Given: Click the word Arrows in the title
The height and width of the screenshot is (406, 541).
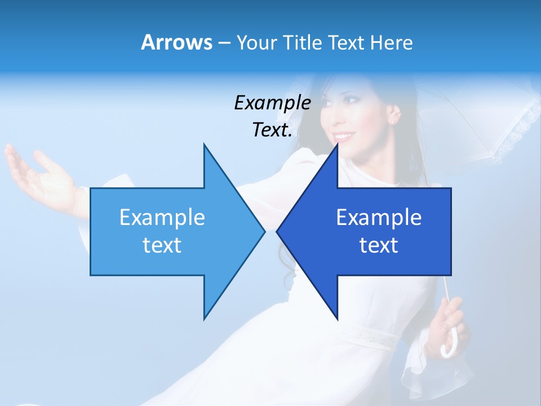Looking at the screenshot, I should (176, 42).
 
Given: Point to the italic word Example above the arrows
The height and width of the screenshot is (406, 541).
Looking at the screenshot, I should (272, 103).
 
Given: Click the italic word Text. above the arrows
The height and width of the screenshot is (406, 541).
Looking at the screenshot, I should (272, 130).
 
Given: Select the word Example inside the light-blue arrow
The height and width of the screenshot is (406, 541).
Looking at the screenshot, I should (162, 218).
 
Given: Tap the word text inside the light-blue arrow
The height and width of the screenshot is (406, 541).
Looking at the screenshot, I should (162, 245).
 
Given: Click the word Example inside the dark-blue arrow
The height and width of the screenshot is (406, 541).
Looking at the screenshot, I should (379, 218).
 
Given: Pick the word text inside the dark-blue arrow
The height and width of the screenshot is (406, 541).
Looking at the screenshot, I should (379, 245).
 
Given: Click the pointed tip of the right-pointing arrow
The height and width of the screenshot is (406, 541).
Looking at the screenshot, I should (264, 231).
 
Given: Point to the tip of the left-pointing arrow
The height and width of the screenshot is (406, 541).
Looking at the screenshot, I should (278, 231).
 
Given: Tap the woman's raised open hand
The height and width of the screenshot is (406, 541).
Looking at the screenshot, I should (39, 175).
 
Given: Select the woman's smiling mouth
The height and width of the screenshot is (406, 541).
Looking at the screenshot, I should (344, 137).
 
